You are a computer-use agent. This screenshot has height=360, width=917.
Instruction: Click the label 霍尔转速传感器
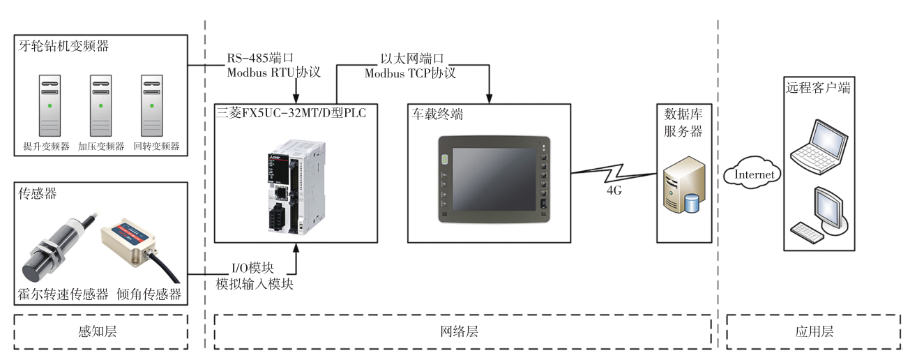pyautogui.click(x=63, y=294)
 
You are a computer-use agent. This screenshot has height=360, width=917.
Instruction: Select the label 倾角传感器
pyautogui.click(x=149, y=294)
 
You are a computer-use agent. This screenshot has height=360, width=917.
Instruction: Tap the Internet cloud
pyautogui.click(x=753, y=174)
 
